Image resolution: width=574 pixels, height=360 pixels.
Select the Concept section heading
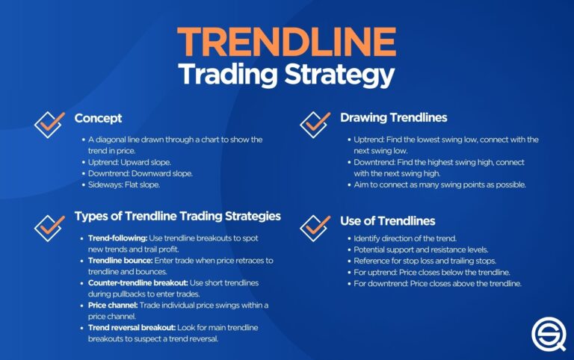[98, 118]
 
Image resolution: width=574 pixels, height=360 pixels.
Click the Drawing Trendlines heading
[393, 118]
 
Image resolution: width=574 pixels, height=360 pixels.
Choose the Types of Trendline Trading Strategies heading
[178, 217]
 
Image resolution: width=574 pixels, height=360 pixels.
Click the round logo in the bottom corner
[548, 334]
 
